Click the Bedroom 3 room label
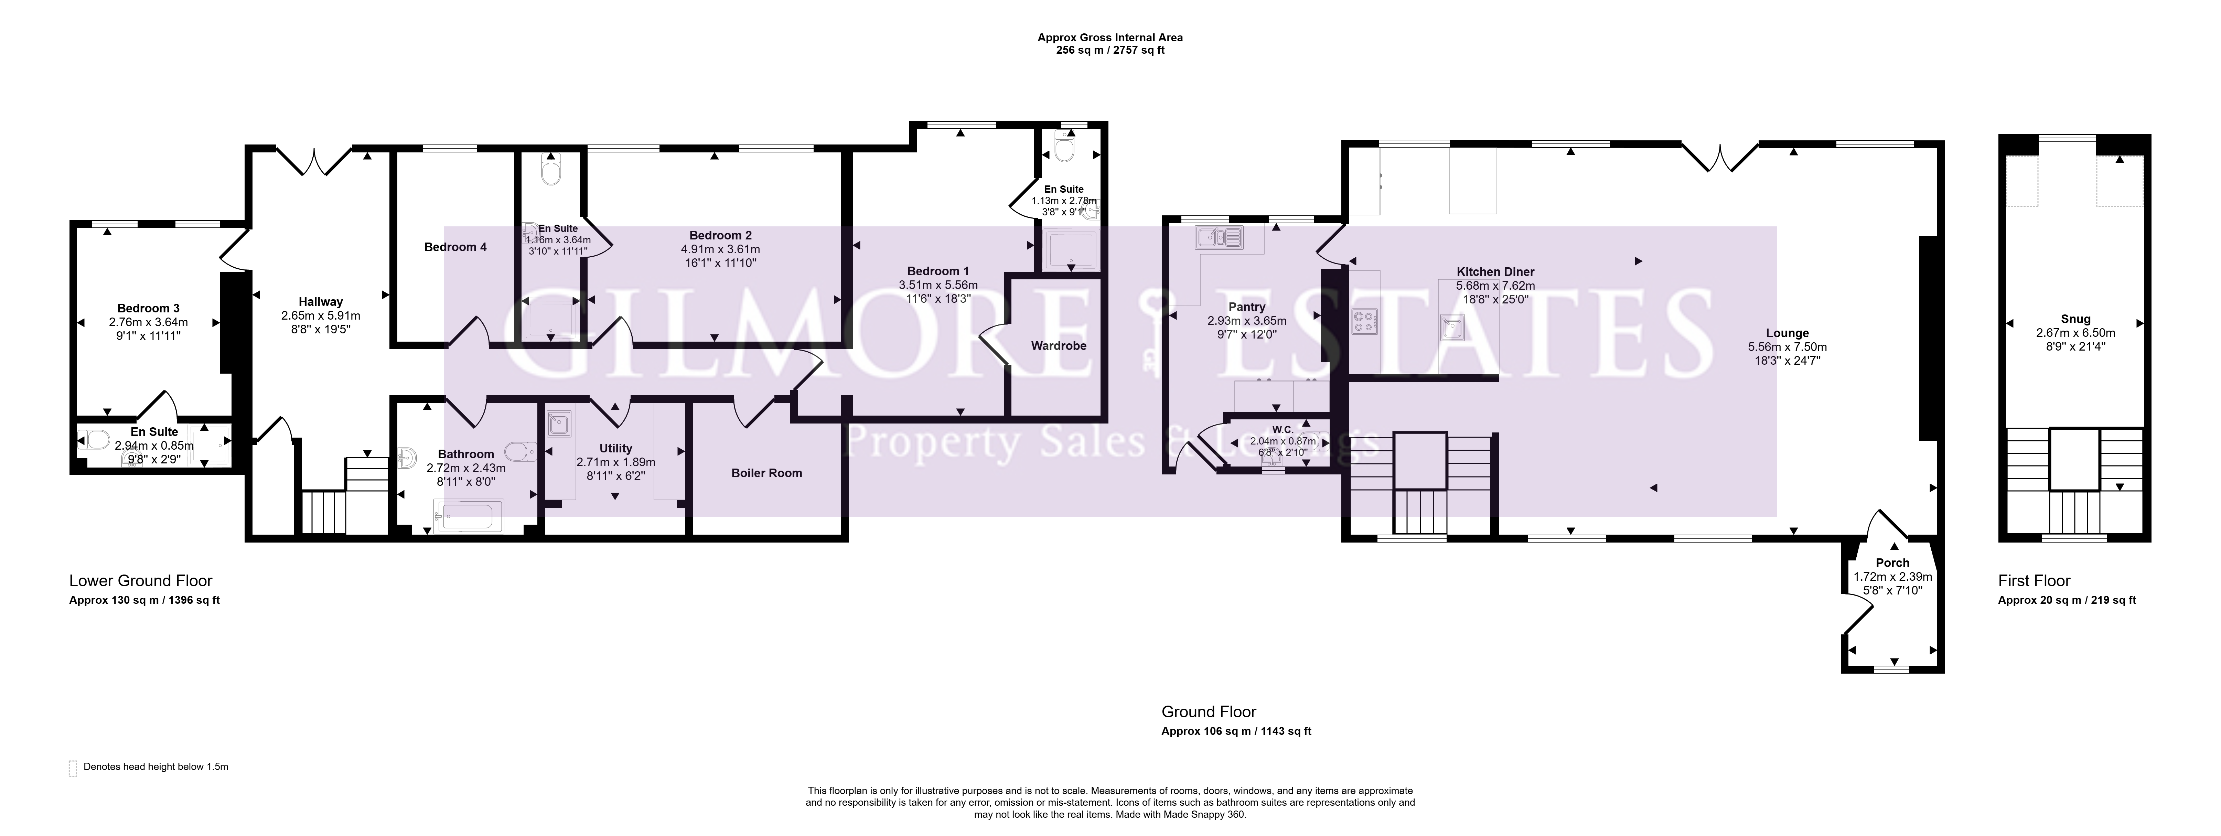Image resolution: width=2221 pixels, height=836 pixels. coord(148,308)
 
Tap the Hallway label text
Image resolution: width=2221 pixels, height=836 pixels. coord(321,302)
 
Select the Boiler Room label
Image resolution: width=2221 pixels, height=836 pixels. coord(766,472)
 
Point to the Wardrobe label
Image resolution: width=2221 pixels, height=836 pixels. coord(1059,346)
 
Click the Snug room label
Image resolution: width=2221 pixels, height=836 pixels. coord(2075,319)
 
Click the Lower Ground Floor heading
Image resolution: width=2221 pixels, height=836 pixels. coord(141,581)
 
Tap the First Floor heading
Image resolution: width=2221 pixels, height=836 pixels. coord(2034,581)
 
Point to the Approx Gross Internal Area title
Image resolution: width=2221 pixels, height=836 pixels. coord(1109,38)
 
